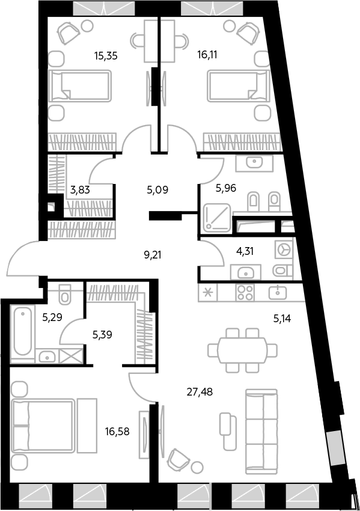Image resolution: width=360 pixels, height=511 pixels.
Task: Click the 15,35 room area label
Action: pos(106,56)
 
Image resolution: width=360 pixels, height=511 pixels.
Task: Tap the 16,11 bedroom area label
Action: pos(207,55)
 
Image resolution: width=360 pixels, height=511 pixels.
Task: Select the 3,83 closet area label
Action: pos(80,189)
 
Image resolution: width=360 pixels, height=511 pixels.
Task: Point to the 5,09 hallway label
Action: pos(157,189)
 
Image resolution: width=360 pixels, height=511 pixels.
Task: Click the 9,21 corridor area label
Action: pos(153,255)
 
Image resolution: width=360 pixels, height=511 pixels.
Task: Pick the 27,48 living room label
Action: pos(200,392)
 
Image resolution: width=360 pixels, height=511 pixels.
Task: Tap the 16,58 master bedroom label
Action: pos(117,432)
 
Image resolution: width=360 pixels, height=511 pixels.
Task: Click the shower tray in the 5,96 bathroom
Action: pos(217,218)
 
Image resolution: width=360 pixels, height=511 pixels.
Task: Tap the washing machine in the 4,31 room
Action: pos(284,250)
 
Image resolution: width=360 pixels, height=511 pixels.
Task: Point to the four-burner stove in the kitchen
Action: pos(245,292)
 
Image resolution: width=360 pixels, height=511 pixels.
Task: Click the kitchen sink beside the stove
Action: pos(278,292)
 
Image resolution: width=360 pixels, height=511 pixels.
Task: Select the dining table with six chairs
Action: pos(243,350)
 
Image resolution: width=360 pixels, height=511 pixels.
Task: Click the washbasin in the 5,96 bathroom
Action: pos(254,162)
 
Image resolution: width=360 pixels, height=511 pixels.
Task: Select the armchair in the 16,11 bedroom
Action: pos(248,32)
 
